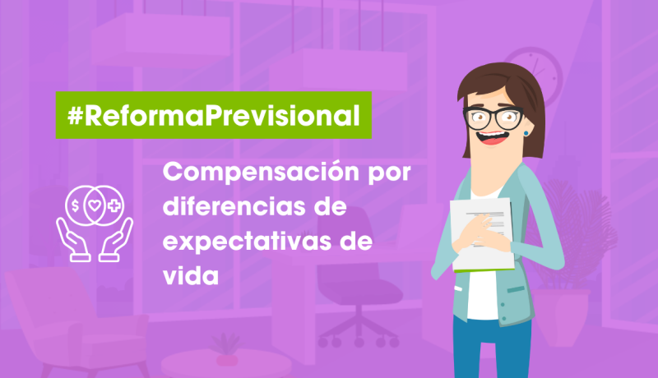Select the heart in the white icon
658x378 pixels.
pos(95,201)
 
